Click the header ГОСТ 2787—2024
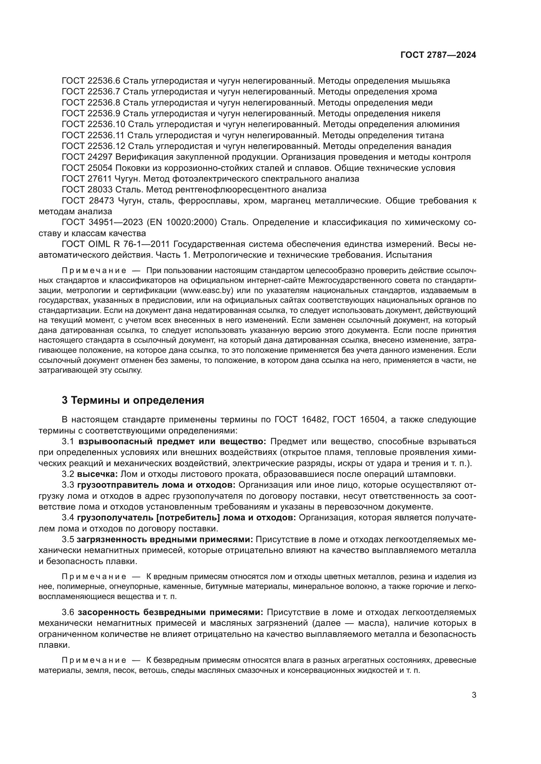438,55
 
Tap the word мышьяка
431,81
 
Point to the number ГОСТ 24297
87,157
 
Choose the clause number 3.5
68,540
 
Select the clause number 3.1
68,442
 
